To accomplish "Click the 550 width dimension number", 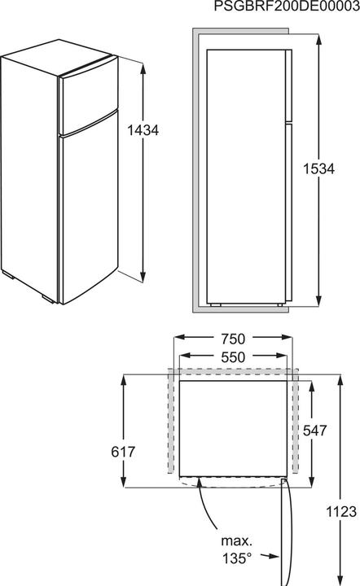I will click(233, 356).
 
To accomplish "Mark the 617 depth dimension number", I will click(123, 452).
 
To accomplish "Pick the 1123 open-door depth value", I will click(341, 512).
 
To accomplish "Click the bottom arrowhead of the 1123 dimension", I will click(341, 579).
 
